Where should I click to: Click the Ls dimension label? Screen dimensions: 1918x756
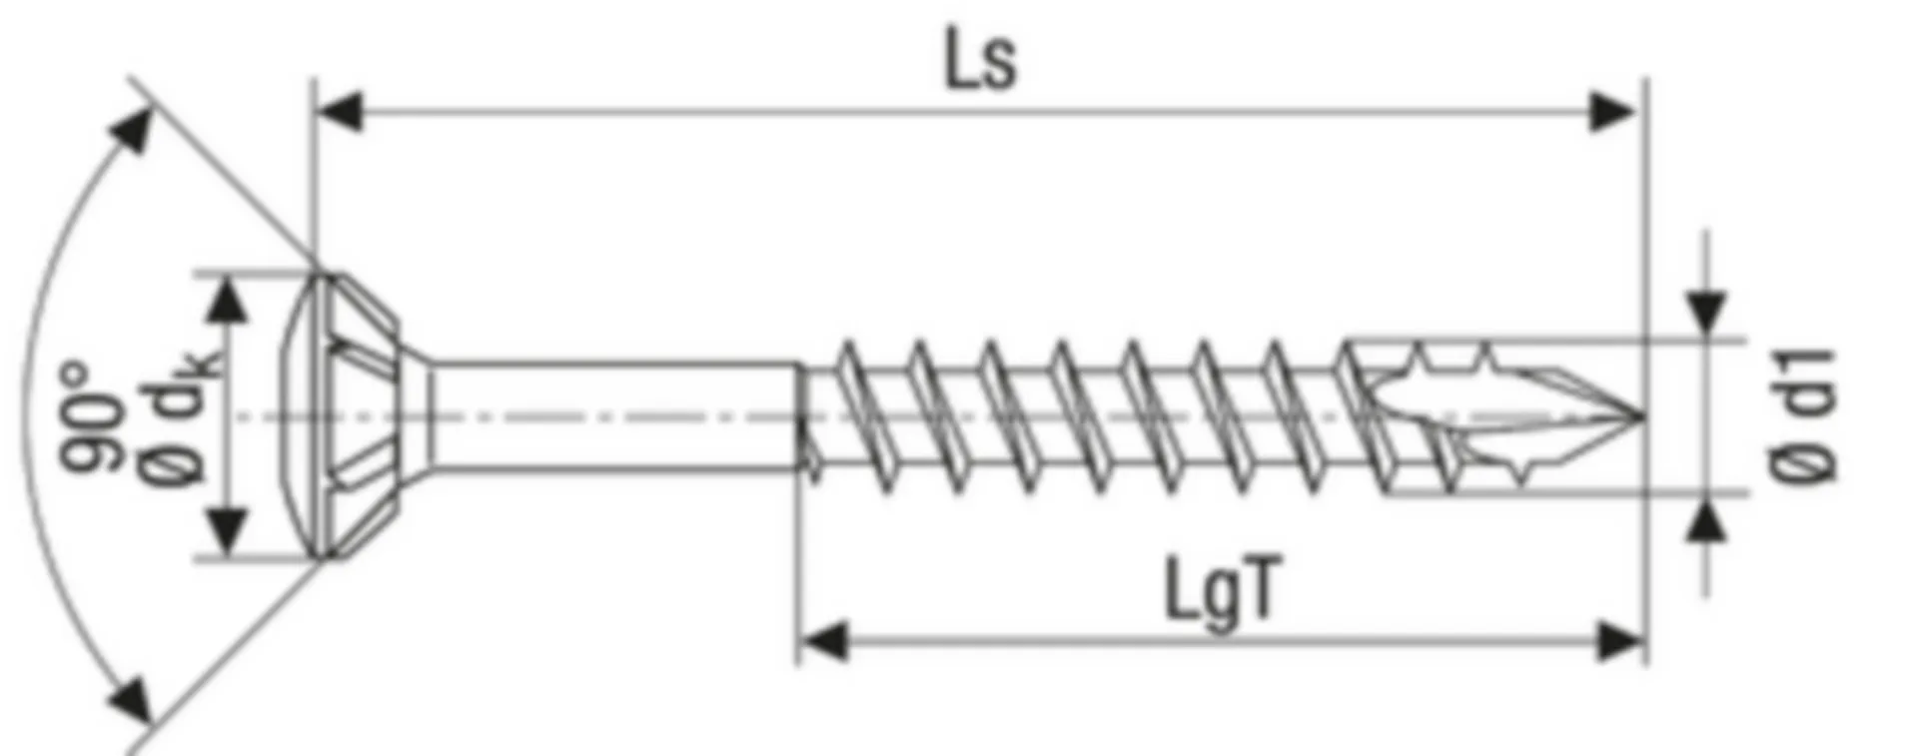click(980, 63)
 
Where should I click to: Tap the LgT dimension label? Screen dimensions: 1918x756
click(1220, 592)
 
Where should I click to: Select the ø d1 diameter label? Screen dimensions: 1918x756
click(1802, 415)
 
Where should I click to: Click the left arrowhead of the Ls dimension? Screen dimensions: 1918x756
click(340, 112)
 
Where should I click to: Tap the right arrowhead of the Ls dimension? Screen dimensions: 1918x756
click(1612, 112)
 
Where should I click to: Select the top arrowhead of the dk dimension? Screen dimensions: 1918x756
click(230, 300)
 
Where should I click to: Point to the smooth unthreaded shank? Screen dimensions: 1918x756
click(614, 415)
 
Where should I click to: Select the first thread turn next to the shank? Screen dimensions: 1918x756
click(854, 415)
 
